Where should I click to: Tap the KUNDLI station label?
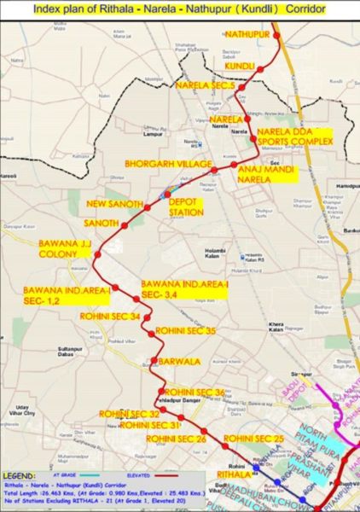coord(240,66)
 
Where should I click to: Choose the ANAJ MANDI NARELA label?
coord(265,175)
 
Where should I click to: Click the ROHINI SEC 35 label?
coord(185,330)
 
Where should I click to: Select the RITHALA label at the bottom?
coord(235,474)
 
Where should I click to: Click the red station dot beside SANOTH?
coord(125,227)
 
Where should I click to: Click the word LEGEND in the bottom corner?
coord(21,474)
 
